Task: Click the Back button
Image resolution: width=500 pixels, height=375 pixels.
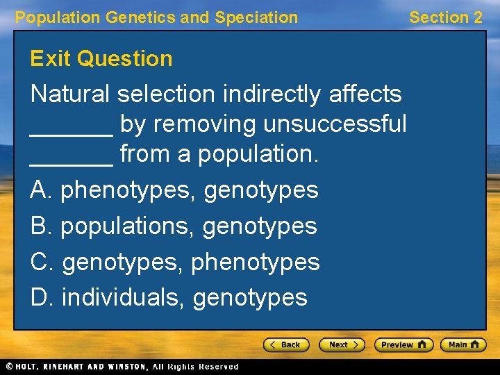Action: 286,344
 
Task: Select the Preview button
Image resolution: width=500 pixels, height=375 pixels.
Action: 403,344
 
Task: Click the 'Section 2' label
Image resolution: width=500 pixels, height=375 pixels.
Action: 445,17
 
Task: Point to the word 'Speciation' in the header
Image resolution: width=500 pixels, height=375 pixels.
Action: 256,17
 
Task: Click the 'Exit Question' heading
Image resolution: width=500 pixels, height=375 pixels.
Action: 101,58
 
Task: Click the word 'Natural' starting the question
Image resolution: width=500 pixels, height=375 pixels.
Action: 71,94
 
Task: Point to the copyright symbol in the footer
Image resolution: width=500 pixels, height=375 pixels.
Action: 9,367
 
